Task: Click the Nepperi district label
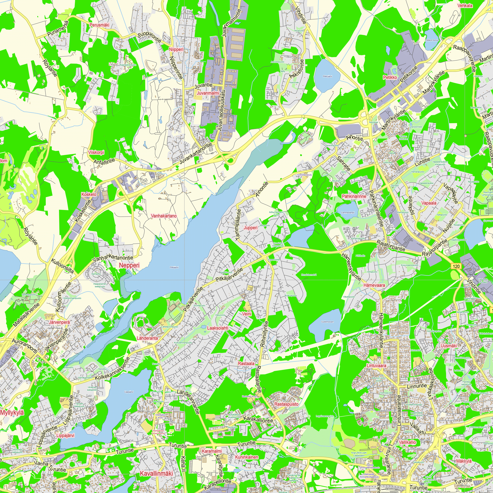129,265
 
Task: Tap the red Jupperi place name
251,228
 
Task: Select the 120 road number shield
456,266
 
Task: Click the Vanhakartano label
164,216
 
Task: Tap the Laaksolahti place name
218,328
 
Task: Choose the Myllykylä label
12,413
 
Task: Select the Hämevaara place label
374,285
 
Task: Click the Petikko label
390,77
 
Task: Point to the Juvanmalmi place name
208,93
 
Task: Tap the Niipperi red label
176,49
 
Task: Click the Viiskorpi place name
96,152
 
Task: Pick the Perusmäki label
99,25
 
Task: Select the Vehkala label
465,6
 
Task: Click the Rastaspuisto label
286,405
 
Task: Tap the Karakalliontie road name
258,420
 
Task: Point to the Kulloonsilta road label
63,266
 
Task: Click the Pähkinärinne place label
354,196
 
